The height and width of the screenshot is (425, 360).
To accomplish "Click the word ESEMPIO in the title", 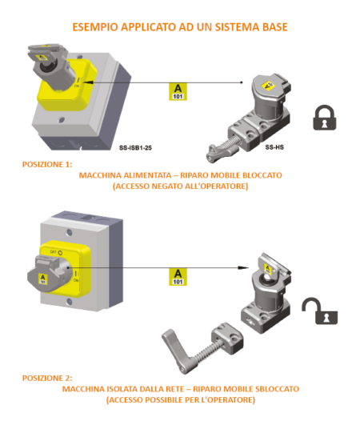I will pyautogui.click(x=97, y=27).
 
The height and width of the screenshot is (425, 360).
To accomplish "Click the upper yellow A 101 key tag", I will pyautogui.click(x=182, y=91).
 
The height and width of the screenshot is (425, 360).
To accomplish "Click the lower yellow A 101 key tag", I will pyautogui.click(x=182, y=277).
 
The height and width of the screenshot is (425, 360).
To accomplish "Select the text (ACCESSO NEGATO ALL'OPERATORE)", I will pyautogui.click(x=180, y=186).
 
